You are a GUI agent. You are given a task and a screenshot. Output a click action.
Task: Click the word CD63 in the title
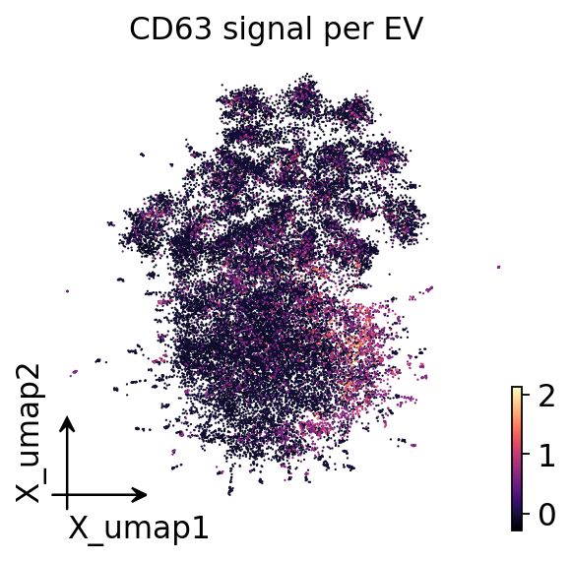tap(170, 30)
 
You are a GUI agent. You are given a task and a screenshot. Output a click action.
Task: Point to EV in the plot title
tap(404, 30)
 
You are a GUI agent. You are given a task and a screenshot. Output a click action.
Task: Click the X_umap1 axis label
tap(138, 529)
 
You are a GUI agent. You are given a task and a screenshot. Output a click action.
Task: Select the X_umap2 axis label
tap(29, 433)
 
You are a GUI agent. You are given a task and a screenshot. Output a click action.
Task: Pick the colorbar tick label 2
tap(546, 396)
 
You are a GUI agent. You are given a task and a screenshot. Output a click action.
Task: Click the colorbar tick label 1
tap(546, 455)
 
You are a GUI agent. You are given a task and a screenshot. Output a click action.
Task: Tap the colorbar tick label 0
tap(546, 515)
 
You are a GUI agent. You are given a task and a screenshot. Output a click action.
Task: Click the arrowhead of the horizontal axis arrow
tap(141, 495)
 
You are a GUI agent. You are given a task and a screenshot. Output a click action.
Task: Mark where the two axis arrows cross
tap(67, 495)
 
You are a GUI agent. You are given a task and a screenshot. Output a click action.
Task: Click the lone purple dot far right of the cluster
tap(499, 267)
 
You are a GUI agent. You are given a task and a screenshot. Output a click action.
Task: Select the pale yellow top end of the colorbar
tap(517, 389)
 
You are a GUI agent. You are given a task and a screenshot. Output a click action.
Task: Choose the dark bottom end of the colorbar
tap(517, 528)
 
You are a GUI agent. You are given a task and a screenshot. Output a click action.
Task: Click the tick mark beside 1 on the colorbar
tap(526, 454)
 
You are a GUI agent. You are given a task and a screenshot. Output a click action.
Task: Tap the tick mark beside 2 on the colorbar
tap(526, 395)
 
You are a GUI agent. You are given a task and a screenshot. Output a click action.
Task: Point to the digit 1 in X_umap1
tap(201, 528)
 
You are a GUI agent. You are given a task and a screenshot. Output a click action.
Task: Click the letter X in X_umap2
tap(27, 493)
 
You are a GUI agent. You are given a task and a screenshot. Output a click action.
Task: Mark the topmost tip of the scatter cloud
tap(307, 74)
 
